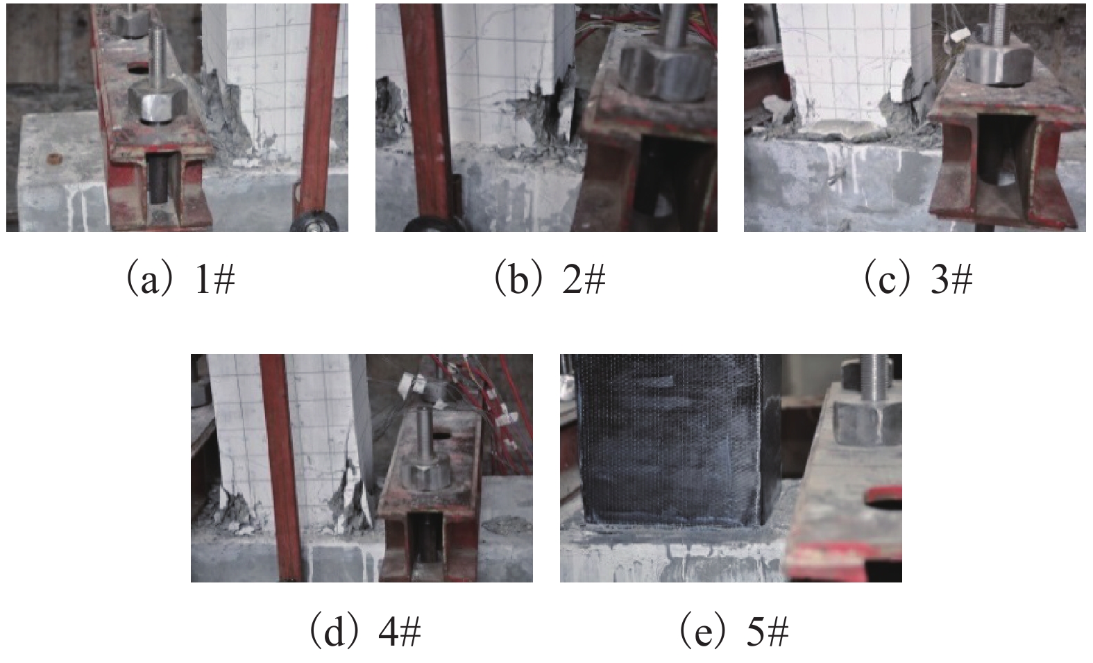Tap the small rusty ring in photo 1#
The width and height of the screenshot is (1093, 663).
(53, 159)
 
